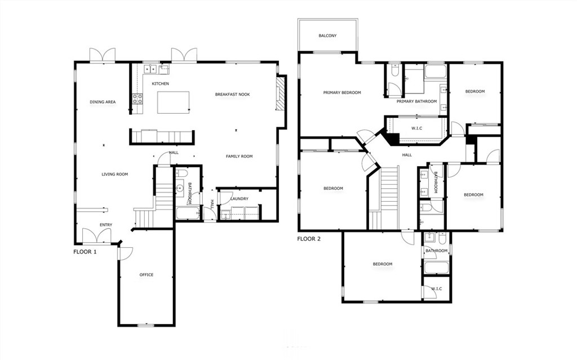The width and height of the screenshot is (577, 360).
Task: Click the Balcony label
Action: point(327,35)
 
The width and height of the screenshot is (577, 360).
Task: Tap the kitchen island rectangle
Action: point(174,103)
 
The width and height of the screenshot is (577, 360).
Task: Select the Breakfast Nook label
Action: point(232,95)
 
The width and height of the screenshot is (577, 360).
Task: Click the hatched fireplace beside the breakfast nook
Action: point(281,93)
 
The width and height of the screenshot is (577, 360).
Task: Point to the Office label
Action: point(146,274)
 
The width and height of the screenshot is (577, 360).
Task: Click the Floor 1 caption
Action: point(85,252)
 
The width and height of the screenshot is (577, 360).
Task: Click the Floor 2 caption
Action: point(309,239)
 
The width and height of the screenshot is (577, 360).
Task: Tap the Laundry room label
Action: point(239,199)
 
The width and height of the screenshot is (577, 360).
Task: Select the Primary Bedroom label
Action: point(342,93)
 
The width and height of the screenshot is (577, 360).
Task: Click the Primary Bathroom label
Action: point(416,101)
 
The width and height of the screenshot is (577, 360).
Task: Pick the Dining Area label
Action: point(103,102)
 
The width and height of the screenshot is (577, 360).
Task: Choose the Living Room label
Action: point(115,174)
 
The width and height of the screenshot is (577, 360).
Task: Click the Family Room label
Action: point(239,157)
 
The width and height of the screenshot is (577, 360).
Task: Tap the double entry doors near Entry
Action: point(96,236)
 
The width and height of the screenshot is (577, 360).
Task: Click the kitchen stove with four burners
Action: point(137,98)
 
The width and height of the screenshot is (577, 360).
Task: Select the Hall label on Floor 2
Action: point(407,155)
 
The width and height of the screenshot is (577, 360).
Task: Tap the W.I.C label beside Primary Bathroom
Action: point(416,128)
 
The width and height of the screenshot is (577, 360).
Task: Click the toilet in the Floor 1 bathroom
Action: point(182,174)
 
